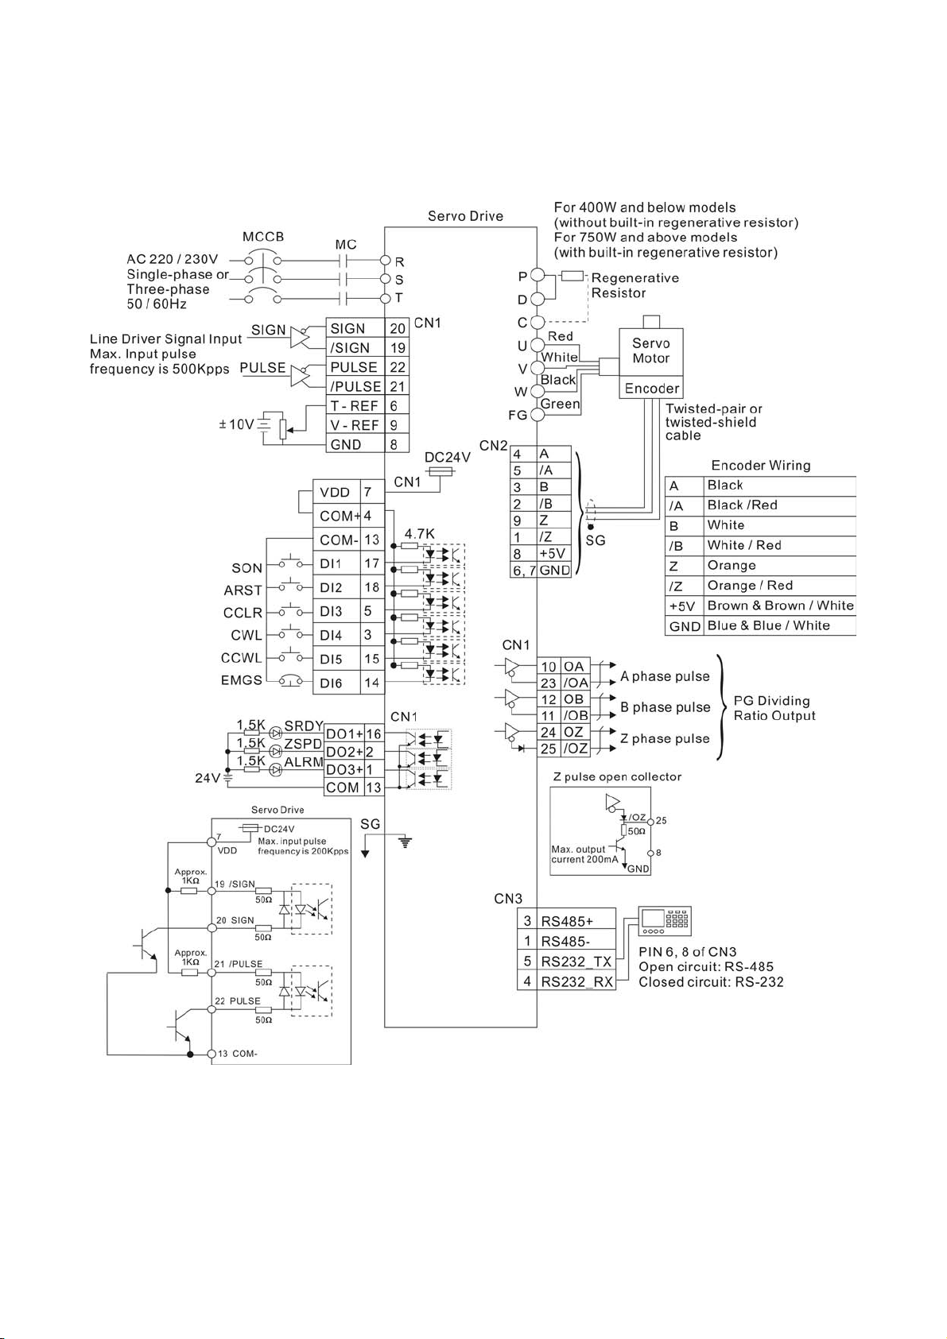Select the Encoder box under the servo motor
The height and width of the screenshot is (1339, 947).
coord(651,388)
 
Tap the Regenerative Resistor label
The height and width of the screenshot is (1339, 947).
coord(635,285)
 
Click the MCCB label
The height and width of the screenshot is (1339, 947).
coord(262,237)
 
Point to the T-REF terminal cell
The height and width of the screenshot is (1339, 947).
coord(355,405)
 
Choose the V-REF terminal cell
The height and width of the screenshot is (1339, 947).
coord(355,425)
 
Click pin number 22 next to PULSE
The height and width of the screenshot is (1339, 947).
coord(398,367)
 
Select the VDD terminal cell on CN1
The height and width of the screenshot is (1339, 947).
coord(337,492)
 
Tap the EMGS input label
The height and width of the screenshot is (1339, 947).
coord(241,680)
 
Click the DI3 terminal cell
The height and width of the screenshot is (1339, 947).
coord(337,611)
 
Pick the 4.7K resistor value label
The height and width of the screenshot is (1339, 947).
coord(419,534)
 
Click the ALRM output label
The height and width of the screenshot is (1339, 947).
coord(303,762)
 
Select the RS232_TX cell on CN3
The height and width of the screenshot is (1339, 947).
coord(576,962)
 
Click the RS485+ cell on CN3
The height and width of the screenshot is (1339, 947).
coord(576,921)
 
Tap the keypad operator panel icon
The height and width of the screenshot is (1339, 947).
coord(665,921)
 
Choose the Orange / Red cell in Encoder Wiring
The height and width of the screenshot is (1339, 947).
coord(780,585)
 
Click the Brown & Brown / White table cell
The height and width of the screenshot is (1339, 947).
coord(780,606)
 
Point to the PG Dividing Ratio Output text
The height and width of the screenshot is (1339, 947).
coord(774,708)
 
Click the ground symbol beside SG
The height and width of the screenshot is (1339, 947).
coord(406,843)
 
